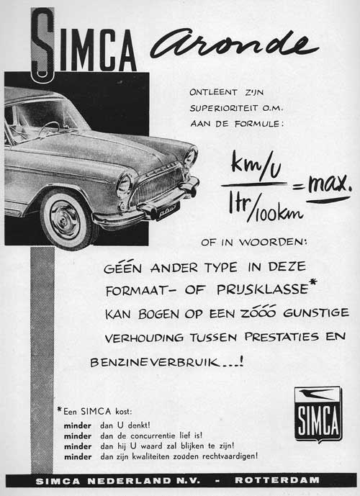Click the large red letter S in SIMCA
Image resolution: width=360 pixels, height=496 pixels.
43,43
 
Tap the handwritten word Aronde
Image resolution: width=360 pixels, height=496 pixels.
234,46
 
